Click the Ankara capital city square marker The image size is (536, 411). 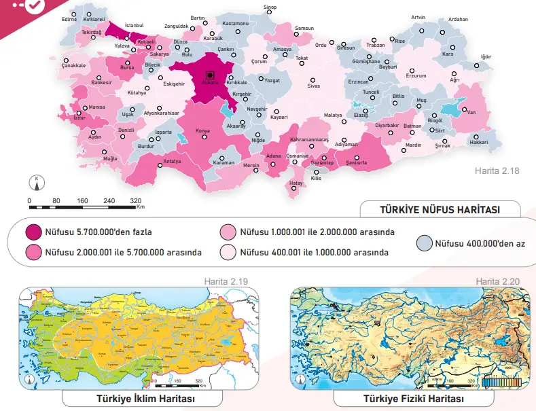(x=210, y=75)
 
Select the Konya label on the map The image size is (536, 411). (x=202, y=130)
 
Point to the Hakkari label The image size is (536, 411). (x=479, y=142)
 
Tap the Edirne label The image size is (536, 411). (x=69, y=20)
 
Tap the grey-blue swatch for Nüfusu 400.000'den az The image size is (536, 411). (x=425, y=243)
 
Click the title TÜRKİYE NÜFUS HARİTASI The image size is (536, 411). (x=440, y=210)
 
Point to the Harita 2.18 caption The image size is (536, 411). (x=497, y=171)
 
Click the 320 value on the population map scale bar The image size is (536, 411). (x=135, y=201)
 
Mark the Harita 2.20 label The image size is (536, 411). (x=497, y=281)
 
